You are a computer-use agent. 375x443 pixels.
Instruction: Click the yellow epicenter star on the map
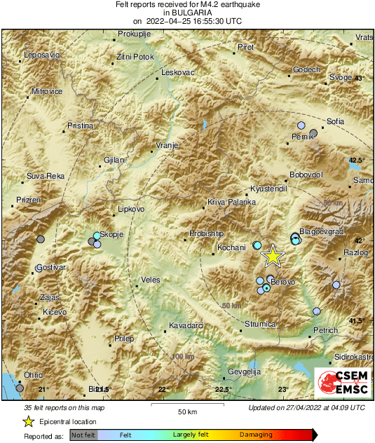pos(272,257)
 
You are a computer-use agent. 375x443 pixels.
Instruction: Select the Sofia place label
pos(335,121)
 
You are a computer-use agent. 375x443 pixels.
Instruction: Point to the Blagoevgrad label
pos(322,231)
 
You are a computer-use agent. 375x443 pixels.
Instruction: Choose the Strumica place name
pos(261,324)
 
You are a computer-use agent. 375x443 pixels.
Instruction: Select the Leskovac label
pos(177,72)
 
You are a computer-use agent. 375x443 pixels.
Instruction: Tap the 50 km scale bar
pos(186,405)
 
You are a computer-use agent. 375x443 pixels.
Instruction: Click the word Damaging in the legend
pos(256,435)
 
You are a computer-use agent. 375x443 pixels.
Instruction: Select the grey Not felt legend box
pos(83,435)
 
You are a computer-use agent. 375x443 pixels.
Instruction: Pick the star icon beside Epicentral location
pos(28,421)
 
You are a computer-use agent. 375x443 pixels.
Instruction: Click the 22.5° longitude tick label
pos(222,390)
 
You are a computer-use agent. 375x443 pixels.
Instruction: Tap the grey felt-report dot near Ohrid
pos(20,387)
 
